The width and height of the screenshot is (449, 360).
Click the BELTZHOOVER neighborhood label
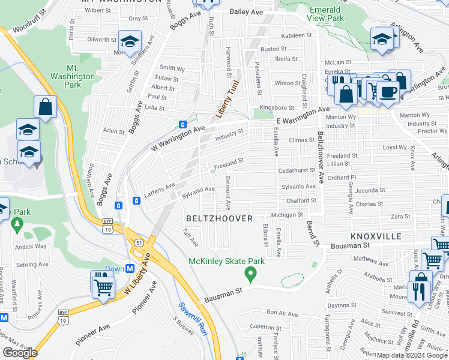[219, 218]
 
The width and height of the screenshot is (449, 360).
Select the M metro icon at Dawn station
[130, 269]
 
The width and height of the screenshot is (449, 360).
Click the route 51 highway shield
[139, 242]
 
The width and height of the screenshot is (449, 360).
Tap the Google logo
[20, 353]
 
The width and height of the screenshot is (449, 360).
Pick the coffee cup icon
[388, 92]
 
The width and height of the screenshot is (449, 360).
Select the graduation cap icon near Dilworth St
[129, 41]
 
